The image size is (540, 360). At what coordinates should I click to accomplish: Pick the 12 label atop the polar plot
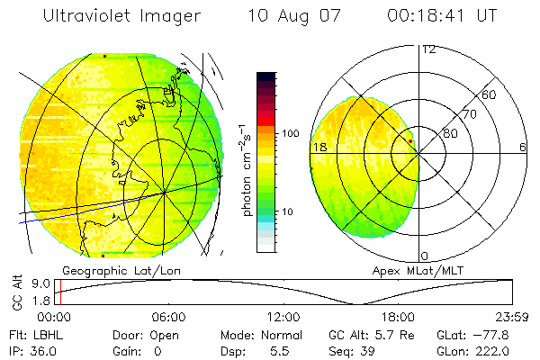(428, 49)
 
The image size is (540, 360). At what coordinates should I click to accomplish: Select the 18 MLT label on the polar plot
(318, 147)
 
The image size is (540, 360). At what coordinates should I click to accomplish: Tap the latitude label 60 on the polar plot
(490, 94)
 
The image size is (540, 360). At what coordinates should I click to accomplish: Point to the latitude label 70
(469, 114)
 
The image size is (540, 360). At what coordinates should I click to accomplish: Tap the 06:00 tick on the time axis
(168, 317)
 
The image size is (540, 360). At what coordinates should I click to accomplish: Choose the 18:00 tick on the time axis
(398, 317)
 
